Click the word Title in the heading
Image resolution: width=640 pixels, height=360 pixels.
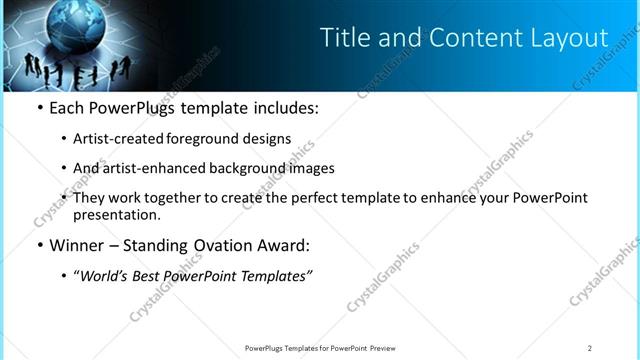343,38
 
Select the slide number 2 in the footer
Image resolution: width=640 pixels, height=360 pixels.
590,348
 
